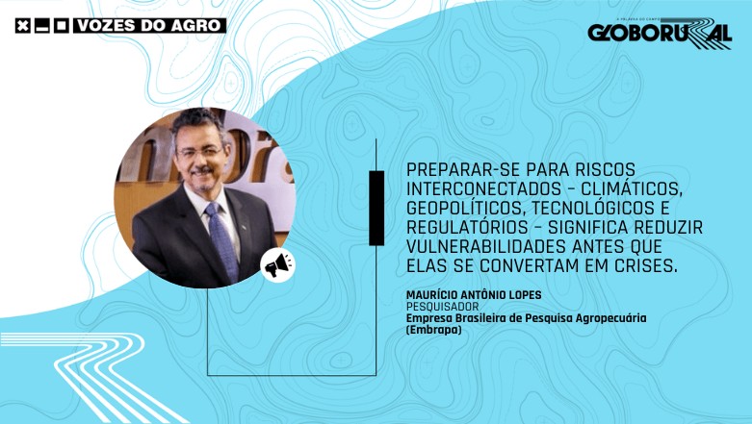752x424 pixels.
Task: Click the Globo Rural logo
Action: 660,34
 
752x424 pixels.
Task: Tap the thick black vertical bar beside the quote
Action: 376,208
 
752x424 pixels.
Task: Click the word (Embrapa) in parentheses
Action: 434,330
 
